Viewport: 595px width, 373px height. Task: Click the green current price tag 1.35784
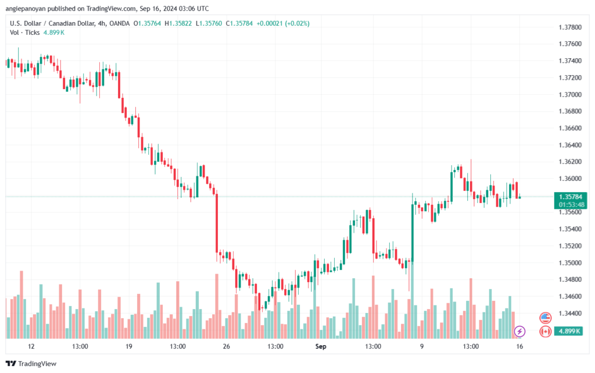point(572,197)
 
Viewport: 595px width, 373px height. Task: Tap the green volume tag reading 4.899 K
point(572,331)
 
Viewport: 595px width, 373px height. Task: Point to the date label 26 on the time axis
point(227,346)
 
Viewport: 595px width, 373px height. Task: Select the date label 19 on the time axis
point(129,346)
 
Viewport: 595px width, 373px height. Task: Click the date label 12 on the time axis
point(31,346)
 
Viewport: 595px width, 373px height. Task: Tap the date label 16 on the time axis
point(519,346)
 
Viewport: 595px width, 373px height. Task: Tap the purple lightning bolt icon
point(520,331)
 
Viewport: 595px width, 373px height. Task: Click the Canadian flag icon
point(545,331)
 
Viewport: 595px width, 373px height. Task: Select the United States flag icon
point(545,318)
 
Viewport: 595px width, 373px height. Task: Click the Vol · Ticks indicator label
point(25,33)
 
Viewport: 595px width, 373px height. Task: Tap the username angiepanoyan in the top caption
point(25,9)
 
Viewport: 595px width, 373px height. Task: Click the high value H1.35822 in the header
point(178,23)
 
